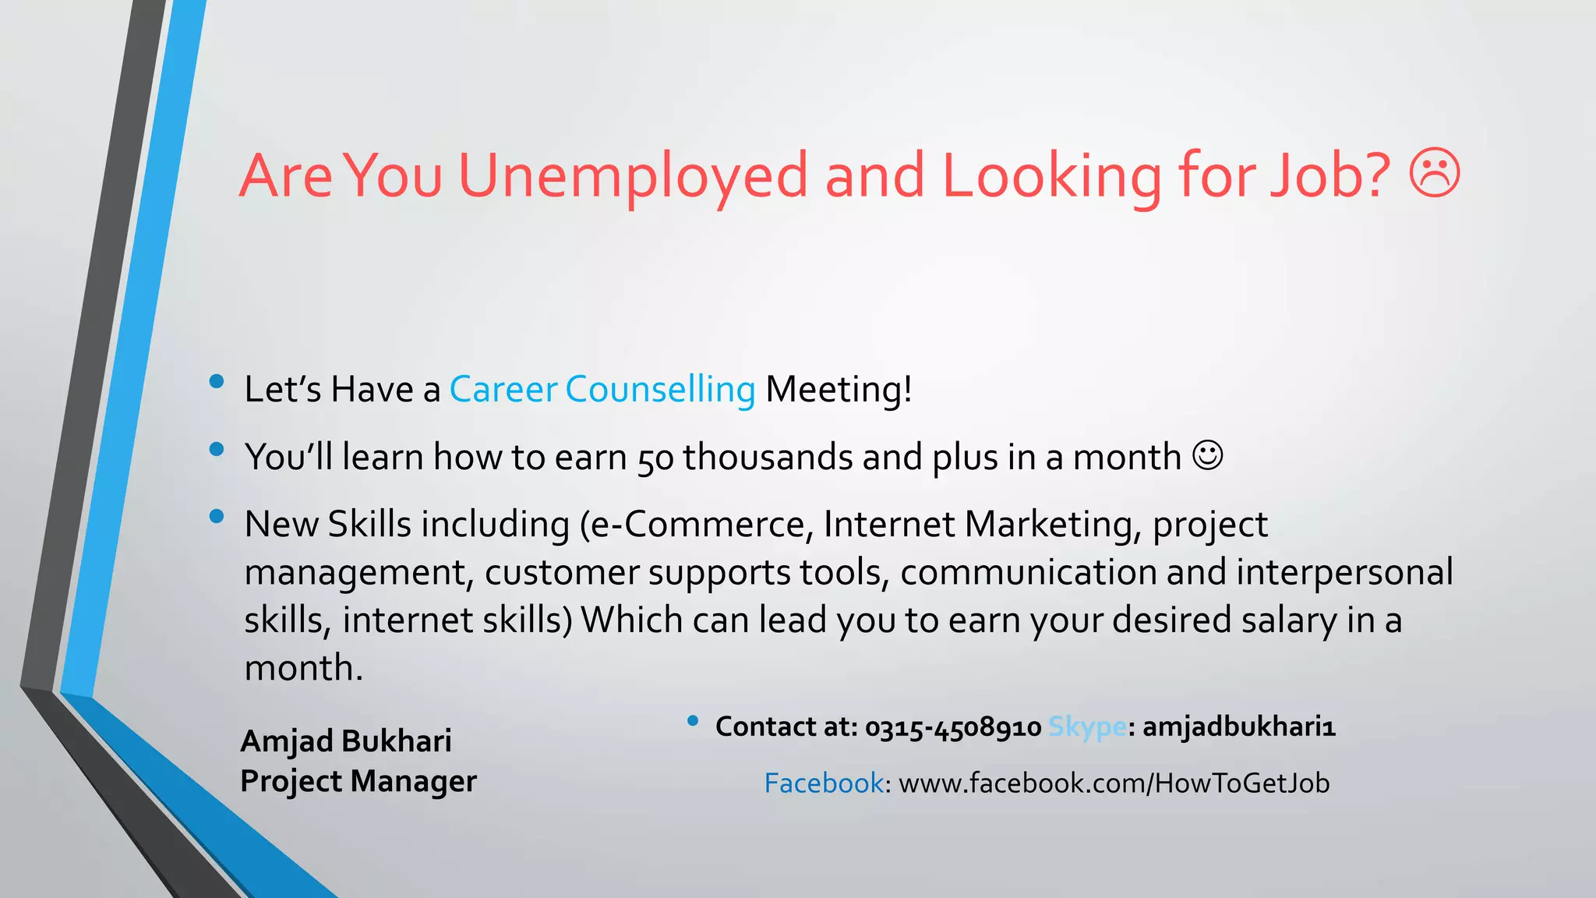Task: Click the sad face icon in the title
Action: click(x=1434, y=173)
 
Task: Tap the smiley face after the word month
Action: click(x=1208, y=456)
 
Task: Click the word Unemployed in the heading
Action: click(x=633, y=176)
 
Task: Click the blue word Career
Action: click(x=503, y=389)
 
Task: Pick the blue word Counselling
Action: click(x=660, y=389)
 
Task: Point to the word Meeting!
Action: click(x=839, y=389)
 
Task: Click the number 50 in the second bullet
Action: click(x=655, y=458)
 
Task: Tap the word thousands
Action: click(x=768, y=457)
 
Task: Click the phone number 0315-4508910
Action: click(x=953, y=727)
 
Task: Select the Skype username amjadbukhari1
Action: click(x=1239, y=727)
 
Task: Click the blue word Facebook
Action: click(x=824, y=783)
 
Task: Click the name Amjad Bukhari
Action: click(x=346, y=741)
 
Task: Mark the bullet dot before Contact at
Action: click(x=692, y=721)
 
